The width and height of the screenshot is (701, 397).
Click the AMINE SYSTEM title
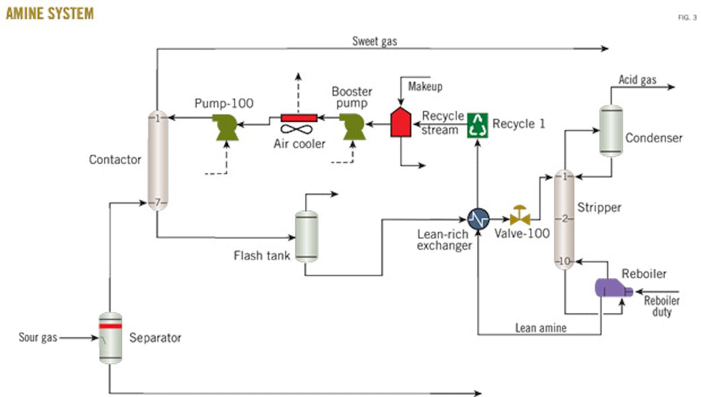[50, 13]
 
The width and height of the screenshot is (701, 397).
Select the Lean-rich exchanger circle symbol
[478, 218]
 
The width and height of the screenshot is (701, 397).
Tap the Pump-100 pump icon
[223, 126]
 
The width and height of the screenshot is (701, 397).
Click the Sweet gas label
[375, 42]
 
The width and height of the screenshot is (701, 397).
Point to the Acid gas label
[637, 80]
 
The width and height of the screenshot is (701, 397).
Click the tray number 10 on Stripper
[566, 261]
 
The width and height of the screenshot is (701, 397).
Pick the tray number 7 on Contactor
[157, 202]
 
